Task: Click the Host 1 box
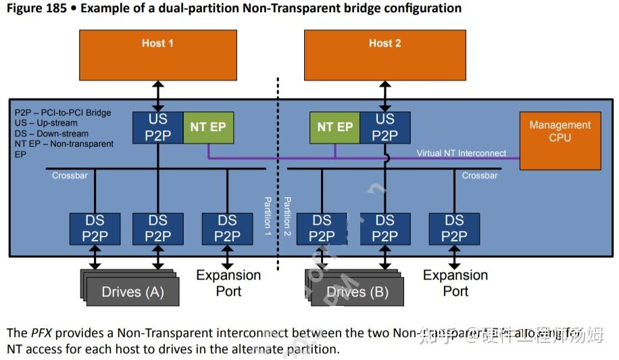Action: click(x=157, y=55)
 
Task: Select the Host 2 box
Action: click(x=385, y=55)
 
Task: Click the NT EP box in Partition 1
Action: click(x=208, y=127)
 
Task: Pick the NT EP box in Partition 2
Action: click(x=335, y=127)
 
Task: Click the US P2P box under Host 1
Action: click(x=157, y=127)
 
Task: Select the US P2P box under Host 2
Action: click(x=385, y=127)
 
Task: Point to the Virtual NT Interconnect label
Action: click(x=461, y=153)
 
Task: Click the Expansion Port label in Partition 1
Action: click(x=228, y=283)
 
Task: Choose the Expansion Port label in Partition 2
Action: click(x=455, y=283)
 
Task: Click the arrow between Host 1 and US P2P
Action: click(x=157, y=95)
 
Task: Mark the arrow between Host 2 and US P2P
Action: click(x=385, y=95)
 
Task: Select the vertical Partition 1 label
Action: click(x=268, y=215)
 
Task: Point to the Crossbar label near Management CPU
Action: click(x=479, y=176)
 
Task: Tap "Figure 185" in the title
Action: click(x=38, y=9)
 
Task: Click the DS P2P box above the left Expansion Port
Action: click(x=228, y=228)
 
